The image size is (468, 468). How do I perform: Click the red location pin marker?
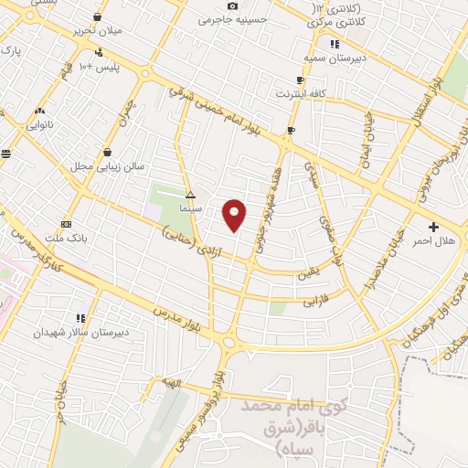235,215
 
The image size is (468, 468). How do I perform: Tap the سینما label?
190,208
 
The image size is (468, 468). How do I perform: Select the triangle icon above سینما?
190,196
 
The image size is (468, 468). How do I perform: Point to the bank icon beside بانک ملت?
66,224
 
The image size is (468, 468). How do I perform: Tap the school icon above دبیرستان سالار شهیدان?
80,318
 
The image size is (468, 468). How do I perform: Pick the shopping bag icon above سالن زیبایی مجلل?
109,153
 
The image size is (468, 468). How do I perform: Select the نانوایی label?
38,122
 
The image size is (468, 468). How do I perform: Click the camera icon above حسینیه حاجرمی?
233,5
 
